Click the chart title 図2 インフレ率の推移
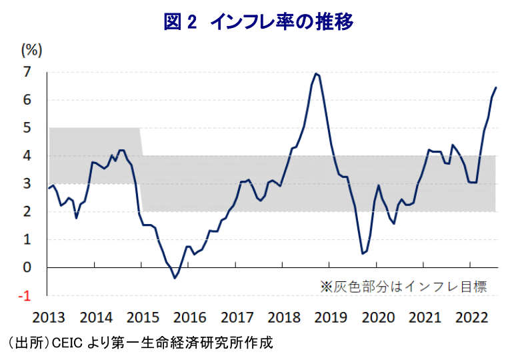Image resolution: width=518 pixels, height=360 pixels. (x=258, y=21)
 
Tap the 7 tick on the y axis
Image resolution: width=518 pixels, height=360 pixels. (x=27, y=71)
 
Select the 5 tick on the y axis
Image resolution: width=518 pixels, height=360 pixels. (x=27, y=127)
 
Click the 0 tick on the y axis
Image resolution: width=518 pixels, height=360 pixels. (x=27, y=267)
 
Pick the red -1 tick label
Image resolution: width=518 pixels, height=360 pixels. (x=25, y=295)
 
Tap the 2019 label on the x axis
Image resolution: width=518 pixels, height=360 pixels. (x=331, y=317)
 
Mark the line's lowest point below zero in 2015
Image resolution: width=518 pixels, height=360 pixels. (x=175, y=278)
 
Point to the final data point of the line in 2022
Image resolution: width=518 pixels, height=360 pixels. (x=496, y=87)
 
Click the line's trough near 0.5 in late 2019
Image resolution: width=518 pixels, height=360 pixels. (x=363, y=253)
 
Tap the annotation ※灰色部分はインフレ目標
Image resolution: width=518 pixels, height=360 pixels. (x=403, y=287)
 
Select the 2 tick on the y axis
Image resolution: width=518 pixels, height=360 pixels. (x=27, y=211)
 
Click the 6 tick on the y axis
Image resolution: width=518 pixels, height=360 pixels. (x=27, y=99)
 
